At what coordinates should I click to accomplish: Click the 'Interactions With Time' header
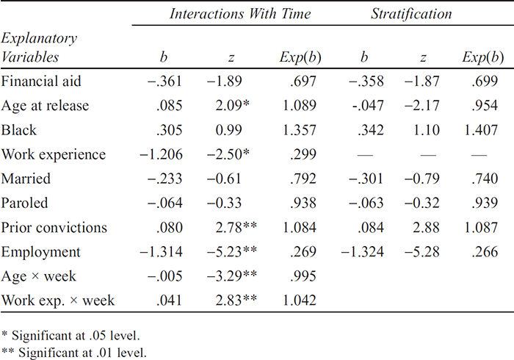pyautogui.click(x=240, y=14)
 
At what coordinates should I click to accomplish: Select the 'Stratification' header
pyautogui.click(x=411, y=14)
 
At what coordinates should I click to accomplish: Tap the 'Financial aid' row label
pyautogui.click(x=41, y=81)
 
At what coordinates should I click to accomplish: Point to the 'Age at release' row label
pyautogui.click(x=45, y=106)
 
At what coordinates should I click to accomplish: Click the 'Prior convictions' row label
pyautogui.click(x=54, y=227)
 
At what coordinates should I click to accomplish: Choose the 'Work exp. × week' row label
pyautogui.click(x=58, y=300)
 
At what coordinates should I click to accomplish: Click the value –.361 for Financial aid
pyautogui.click(x=164, y=81)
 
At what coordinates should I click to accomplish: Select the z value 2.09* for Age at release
pyautogui.click(x=233, y=105)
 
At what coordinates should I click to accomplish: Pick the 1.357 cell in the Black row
pyautogui.click(x=300, y=130)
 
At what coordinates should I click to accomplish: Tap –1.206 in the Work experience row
pyautogui.click(x=161, y=154)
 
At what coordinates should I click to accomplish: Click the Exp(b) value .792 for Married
pyautogui.click(x=303, y=179)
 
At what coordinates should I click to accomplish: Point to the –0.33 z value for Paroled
pyautogui.click(x=224, y=203)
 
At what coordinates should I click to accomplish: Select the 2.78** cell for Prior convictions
pyautogui.click(x=236, y=227)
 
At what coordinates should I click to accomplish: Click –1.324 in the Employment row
pyautogui.click(x=362, y=251)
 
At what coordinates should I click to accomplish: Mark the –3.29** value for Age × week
pyautogui.click(x=232, y=276)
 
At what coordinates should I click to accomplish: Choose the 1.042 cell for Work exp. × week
pyautogui.click(x=300, y=300)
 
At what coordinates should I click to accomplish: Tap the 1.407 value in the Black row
pyautogui.click(x=481, y=130)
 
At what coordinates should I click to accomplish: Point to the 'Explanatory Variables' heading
pyautogui.click(x=39, y=48)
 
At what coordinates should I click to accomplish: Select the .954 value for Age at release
pyautogui.click(x=485, y=105)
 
